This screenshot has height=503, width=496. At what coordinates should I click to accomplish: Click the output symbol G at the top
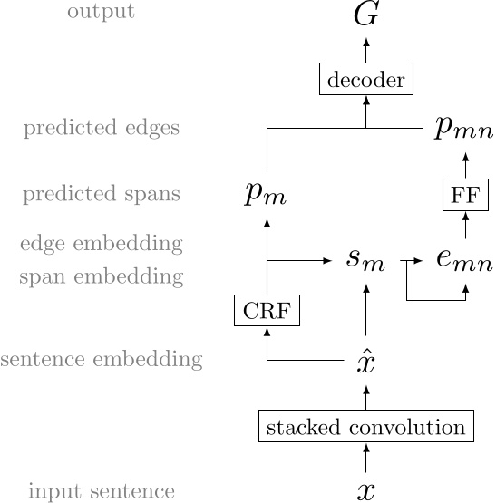click(x=365, y=15)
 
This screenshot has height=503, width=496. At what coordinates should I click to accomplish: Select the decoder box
click(x=366, y=80)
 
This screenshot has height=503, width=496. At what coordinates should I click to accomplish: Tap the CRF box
click(x=267, y=311)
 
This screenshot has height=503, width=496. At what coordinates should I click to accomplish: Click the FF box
click(x=465, y=195)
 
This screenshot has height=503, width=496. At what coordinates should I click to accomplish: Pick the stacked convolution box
click(x=366, y=427)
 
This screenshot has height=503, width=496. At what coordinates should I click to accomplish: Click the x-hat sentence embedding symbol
click(x=365, y=363)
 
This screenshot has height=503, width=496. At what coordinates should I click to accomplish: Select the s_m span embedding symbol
click(x=365, y=260)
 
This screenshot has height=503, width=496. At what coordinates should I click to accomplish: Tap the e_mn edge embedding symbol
click(x=464, y=260)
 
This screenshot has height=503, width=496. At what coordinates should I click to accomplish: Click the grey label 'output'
click(x=101, y=13)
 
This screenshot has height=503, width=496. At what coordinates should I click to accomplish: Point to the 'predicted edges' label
click(x=101, y=129)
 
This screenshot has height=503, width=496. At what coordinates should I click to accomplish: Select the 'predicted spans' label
click(x=101, y=194)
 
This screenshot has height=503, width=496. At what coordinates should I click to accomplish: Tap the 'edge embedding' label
click(x=101, y=243)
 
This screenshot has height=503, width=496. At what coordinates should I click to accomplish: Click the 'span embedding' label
click(x=101, y=276)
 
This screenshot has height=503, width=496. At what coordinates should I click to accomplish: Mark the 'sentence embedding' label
click(x=101, y=360)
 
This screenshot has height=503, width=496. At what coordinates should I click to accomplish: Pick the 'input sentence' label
click(x=101, y=491)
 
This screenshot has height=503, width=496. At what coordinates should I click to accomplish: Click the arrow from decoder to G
click(x=366, y=51)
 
